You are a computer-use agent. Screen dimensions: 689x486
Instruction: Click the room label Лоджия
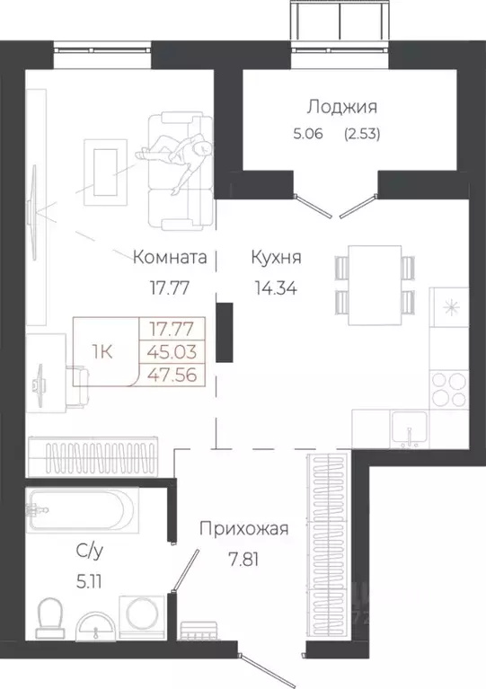click(x=341, y=107)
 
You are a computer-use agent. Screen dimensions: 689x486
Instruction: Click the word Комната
click(x=171, y=258)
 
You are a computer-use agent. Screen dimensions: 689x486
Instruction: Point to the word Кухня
click(x=276, y=258)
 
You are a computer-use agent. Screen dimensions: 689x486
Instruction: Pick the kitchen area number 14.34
click(x=276, y=289)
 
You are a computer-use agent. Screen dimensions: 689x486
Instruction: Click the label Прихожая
click(x=244, y=529)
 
